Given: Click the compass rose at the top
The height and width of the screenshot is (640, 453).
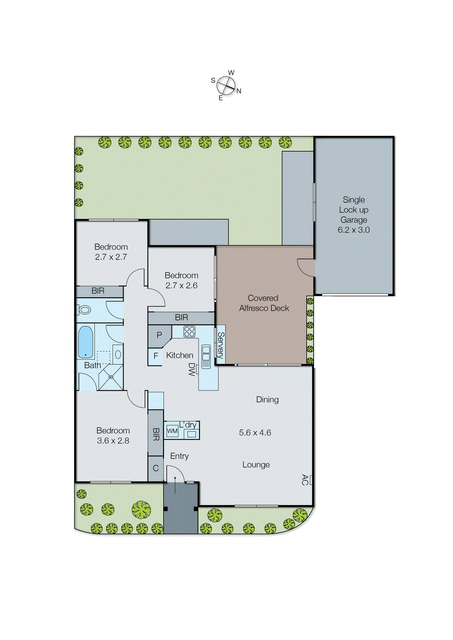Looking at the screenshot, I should [226, 85].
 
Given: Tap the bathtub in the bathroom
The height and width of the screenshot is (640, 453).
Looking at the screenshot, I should [86, 342].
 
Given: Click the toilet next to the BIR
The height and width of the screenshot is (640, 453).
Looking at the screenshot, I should [84, 310].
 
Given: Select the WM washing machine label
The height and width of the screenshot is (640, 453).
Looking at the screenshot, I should [172, 431].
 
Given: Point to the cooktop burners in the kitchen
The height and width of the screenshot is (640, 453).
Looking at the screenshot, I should [189, 331].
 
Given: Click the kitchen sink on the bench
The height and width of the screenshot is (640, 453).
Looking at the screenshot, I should [206, 356].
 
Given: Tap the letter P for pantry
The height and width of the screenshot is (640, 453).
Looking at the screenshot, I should [159, 335].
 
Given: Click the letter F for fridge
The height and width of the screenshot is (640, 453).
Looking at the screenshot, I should [156, 356].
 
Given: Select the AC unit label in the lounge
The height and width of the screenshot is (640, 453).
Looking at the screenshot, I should [305, 480].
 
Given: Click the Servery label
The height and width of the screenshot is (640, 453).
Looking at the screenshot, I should [220, 345].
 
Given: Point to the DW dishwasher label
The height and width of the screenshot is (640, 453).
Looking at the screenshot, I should [192, 369].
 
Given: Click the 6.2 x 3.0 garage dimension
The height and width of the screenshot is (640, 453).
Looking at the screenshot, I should [353, 230].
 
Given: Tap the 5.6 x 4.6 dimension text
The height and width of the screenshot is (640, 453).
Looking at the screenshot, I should [255, 432].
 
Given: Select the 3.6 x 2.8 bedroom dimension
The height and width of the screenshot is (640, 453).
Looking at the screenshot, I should [113, 441].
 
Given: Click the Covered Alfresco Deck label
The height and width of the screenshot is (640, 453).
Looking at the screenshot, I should [263, 303].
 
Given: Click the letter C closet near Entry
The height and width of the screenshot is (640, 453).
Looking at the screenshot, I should [156, 468].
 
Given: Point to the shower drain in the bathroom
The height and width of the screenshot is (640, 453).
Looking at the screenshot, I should [111, 377].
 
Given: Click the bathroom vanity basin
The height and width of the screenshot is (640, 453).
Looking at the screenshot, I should [118, 354].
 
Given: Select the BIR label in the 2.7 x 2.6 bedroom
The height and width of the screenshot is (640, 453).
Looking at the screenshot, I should [181, 318].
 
